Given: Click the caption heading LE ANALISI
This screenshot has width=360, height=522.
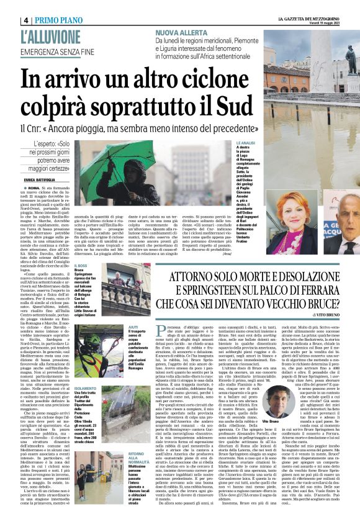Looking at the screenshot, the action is (x=245, y=143).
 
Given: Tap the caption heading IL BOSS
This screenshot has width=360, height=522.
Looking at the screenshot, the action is (x=80, y=248).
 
